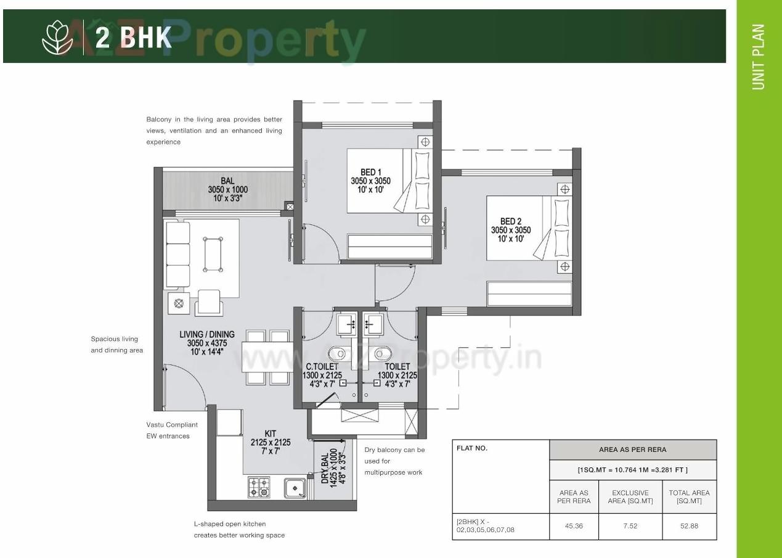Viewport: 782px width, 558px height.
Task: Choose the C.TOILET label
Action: pos(322,366)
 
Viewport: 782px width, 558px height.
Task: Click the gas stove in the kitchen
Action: pos(259,487)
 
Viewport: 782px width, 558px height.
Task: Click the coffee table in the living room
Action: pos(213,254)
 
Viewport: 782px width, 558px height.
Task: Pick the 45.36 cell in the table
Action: pos(574,527)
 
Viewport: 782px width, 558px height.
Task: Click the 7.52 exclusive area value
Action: pos(630,527)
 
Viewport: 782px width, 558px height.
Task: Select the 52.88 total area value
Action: pos(689,527)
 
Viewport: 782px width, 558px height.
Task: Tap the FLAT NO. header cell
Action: pos(472,448)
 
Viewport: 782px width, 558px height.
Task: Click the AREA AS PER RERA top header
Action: pos(632,449)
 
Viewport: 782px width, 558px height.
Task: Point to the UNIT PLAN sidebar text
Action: pos(758,57)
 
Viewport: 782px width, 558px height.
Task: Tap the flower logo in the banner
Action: pos(57,37)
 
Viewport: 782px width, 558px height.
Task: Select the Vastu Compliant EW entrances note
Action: pos(172,430)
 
